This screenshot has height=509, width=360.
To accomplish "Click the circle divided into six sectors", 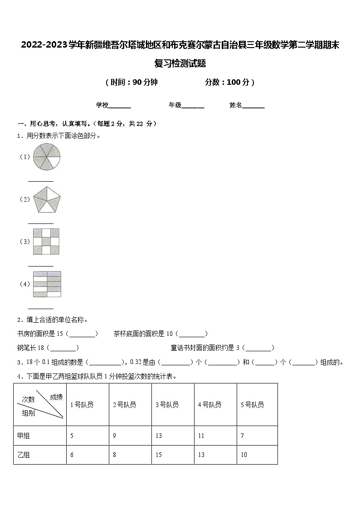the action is [46, 157].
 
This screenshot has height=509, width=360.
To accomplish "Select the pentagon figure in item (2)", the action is [47, 199].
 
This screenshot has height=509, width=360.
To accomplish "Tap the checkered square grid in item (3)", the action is [46, 242].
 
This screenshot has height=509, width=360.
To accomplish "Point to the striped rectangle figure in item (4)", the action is [47, 284].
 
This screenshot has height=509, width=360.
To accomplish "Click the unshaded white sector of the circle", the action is [54, 162].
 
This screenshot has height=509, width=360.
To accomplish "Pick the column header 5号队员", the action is [252, 405].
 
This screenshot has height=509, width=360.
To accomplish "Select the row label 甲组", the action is [24, 436].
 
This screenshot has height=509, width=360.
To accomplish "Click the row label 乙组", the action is [24, 455].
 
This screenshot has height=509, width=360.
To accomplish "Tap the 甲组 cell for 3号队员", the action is [159, 436].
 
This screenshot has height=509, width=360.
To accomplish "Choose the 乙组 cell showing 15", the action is [159, 455].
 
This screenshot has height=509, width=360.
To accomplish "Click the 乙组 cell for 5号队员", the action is [244, 455].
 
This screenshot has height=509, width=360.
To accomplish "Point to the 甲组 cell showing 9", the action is [114, 436].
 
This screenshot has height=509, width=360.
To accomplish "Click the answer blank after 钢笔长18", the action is [63, 349].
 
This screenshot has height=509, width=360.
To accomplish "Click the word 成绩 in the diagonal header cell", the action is [56, 397].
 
